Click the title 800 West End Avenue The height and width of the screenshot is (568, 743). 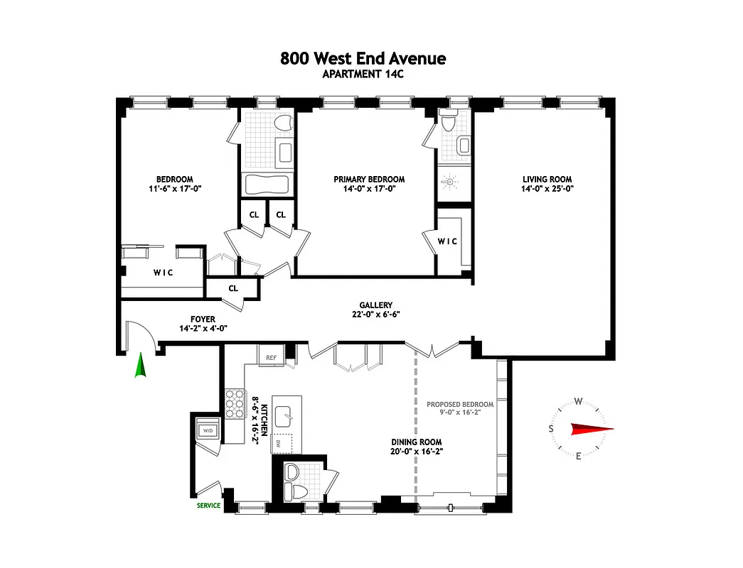click(363, 58)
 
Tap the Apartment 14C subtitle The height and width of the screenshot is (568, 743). click(363, 75)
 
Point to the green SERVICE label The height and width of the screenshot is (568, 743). click(209, 506)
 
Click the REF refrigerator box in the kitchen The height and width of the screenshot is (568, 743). click(271, 357)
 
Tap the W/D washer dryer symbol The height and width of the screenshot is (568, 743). click(208, 431)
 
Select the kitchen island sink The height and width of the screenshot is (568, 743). click(288, 413)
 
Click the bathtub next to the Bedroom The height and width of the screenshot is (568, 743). click(267, 185)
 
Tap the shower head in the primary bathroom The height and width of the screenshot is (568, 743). click(447, 182)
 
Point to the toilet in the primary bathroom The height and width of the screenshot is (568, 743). click(448, 123)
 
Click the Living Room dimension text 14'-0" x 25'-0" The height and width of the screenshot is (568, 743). click(547, 189)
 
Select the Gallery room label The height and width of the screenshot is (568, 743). click(375, 305)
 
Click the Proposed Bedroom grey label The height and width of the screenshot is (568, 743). click(459, 405)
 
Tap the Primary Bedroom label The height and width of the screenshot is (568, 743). click(369, 180)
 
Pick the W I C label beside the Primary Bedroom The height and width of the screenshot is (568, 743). click(447, 241)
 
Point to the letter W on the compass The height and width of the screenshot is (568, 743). click(579, 401)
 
